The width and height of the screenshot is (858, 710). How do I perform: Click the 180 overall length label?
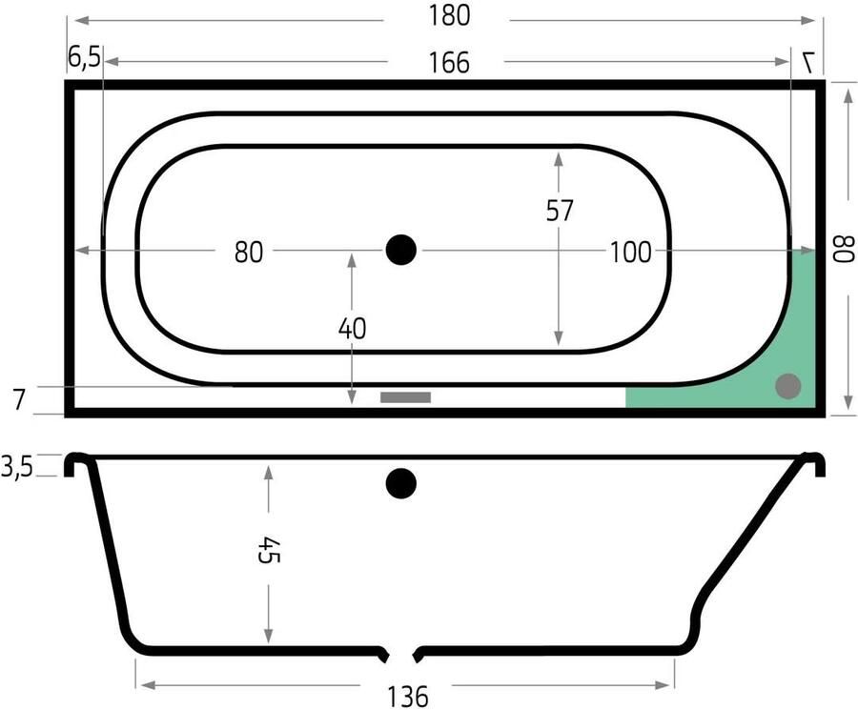coord(449,16)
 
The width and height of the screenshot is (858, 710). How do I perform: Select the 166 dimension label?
coord(449,63)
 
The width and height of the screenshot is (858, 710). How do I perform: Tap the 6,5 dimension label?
coord(85,57)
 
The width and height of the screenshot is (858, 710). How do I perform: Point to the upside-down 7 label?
coord(808,62)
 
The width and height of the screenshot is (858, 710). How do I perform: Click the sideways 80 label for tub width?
coord(843,250)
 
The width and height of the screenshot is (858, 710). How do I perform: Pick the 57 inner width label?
coord(560,211)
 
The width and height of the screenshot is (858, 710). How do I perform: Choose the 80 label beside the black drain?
coord(249,253)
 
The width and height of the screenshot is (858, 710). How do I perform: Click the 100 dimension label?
coord(630,253)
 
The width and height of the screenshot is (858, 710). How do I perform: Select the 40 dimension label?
coord(352,329)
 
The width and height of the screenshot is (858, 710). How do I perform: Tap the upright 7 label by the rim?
coord(18,399)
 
